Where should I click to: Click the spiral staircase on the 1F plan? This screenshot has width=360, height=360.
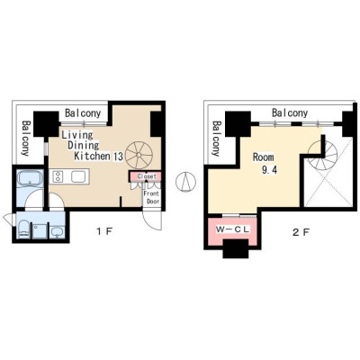click(139, 155)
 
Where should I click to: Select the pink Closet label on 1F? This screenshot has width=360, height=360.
click(147, 176)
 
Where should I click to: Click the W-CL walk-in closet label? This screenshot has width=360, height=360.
click(233, 230)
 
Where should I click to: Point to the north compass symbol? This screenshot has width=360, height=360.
click(186, 182)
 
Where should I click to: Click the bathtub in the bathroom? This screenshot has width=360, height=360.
click(31, 179)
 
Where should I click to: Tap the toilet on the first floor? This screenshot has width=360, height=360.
click(23, 230)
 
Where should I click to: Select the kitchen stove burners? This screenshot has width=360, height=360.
click(58, 175)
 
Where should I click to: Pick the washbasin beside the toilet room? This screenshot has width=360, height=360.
click(58, 231)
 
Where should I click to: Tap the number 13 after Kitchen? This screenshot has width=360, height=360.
click(118, 157)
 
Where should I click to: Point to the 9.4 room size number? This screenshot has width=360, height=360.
click(269, 170)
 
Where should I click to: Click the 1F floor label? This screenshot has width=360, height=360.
click(103, 231)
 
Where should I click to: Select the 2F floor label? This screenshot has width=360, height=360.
click(301, 232)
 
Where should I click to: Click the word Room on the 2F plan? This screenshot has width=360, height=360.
click(263, 157)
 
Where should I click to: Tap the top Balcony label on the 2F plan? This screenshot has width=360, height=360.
click(290, 113)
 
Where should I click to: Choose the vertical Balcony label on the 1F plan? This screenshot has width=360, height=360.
click(26, 139)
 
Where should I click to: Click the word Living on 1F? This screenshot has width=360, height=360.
click(77, 135)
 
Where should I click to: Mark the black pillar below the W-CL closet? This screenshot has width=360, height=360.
click(236, 248)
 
